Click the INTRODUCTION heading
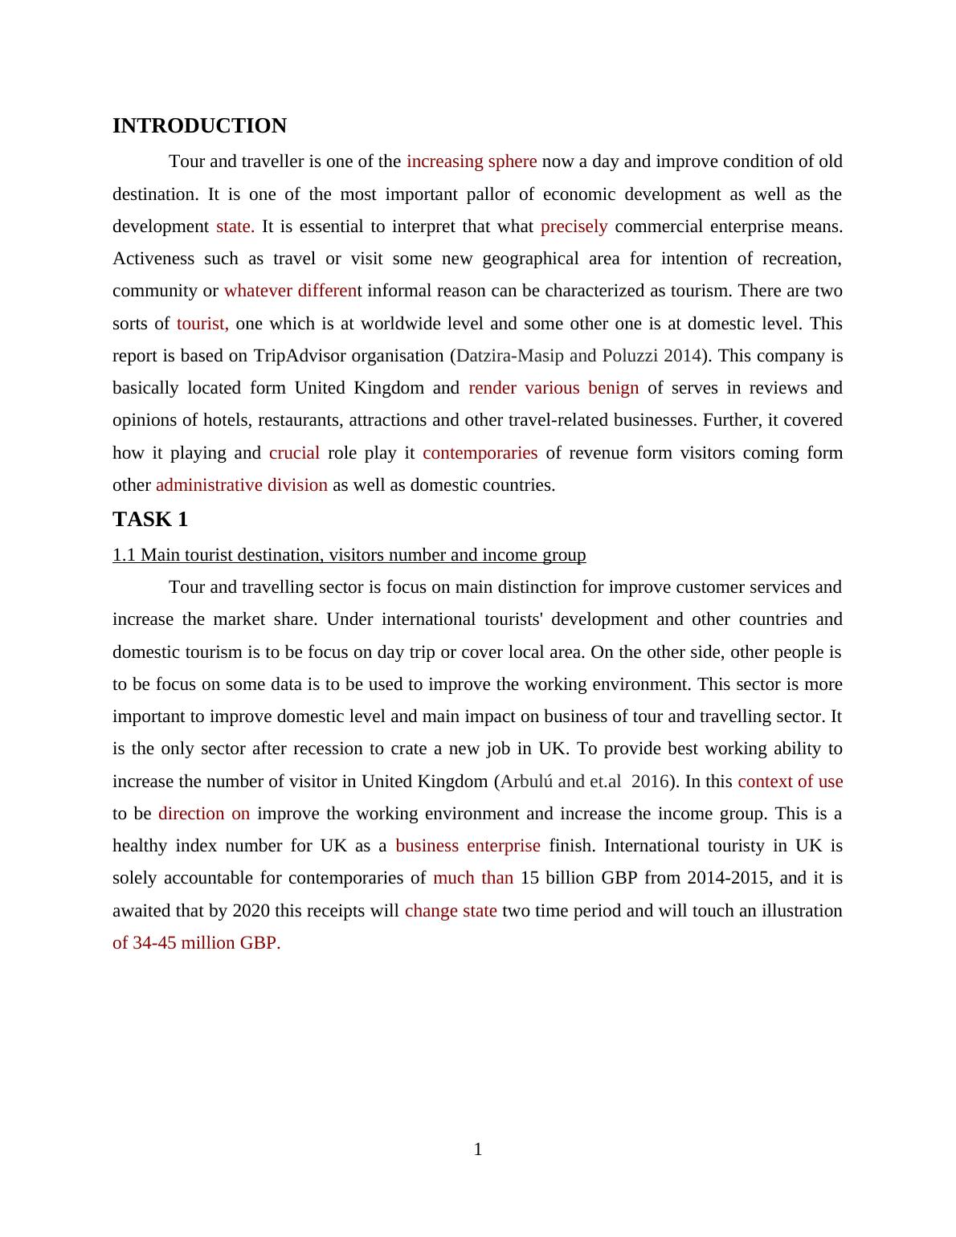coord(199,126)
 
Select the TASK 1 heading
coord(150,520)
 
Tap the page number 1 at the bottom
coord(478,1149)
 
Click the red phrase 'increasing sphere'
coord(472,161)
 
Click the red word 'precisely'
coord(574,227)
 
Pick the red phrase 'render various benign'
coord(554,388)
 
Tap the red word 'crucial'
coord(294,453)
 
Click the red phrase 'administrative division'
coord(242,485)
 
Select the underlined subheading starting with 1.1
coord(349,555)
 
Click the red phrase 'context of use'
coord(790,782)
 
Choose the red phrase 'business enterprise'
coord(468,846)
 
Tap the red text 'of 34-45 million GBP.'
coord(197,943)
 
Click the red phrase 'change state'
coord(451,911)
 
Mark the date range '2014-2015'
coord(729,878)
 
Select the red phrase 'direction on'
coord(204,814)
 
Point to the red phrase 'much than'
coord(473,878)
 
